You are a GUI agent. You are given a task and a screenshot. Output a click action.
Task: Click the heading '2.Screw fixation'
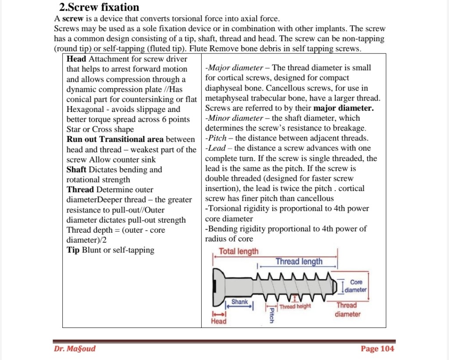(x=99, y=7)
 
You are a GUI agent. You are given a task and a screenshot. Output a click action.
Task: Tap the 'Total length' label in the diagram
(x=239, y=252)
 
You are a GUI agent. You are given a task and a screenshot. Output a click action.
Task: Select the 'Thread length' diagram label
(x=299, y=262)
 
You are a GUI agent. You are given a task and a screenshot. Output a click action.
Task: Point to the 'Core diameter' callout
(x=356, y=286)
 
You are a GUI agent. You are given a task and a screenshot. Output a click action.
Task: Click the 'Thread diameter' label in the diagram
(x=347, y=310)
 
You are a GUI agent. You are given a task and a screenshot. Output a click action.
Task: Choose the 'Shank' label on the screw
(x=239, y=302)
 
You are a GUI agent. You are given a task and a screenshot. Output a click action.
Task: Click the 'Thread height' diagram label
(x=295, y=306)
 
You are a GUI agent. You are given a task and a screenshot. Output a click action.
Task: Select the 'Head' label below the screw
(x=219, y=321)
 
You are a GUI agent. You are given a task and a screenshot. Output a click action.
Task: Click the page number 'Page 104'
(x=377, y=349)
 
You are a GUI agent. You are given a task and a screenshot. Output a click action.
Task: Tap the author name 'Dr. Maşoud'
(x=75, y=349)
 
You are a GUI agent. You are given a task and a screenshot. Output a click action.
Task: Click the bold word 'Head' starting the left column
(x=76, y=59)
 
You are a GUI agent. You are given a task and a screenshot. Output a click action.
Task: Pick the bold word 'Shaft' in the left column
(x=77, y=169)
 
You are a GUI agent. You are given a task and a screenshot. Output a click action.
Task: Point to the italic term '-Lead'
(x=218, y=148)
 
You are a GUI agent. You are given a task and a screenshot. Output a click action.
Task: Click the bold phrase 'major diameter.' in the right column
(x=344, y=108)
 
